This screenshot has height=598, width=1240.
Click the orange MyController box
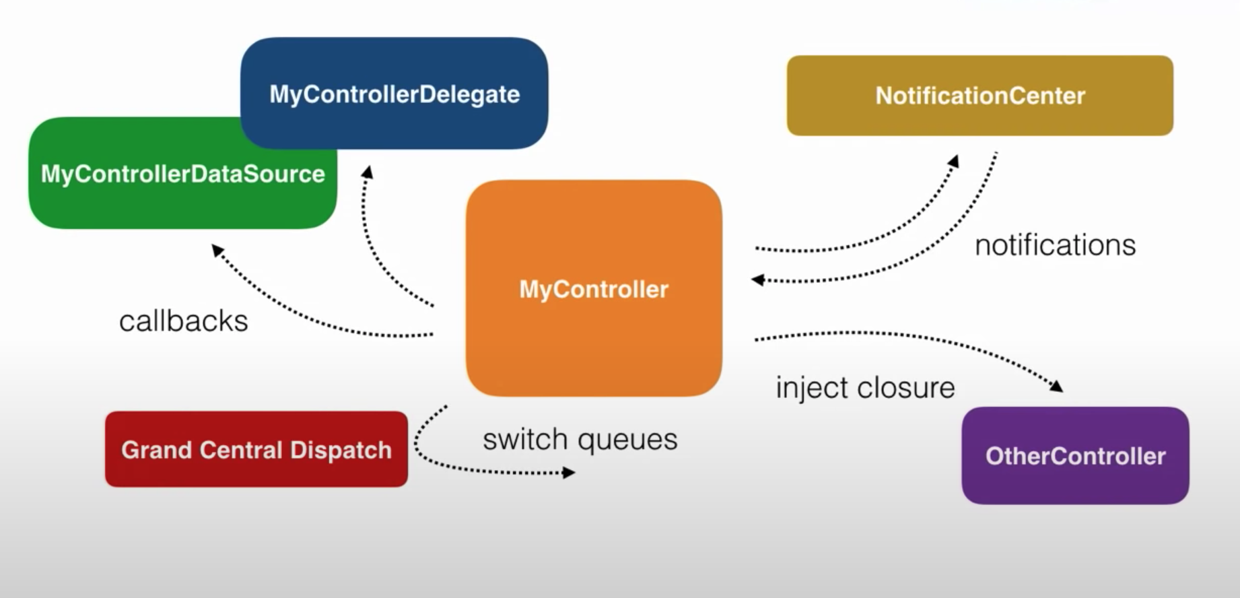[x=594, y=288]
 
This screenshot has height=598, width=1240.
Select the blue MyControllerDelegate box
[x=394, y=94]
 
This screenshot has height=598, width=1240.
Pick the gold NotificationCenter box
[x=979, y=96]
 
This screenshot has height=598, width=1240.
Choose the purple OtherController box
[x=1075, y=456]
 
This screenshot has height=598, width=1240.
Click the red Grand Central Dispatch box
[x=256, y=449]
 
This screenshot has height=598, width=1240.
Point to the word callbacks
[x=183, y=321]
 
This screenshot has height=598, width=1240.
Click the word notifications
[x=1055, y=245]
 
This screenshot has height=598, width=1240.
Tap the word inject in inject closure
[x=802, y=388]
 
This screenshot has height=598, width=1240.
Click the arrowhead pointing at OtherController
[x=1056, y=386]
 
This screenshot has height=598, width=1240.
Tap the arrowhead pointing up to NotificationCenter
[x=953, y=161]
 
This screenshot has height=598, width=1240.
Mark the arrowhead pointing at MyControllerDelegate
[x=367, y=172]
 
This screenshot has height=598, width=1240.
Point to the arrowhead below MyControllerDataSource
[x=217, y=250]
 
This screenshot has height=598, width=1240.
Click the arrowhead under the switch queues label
[x=569, y=473]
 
